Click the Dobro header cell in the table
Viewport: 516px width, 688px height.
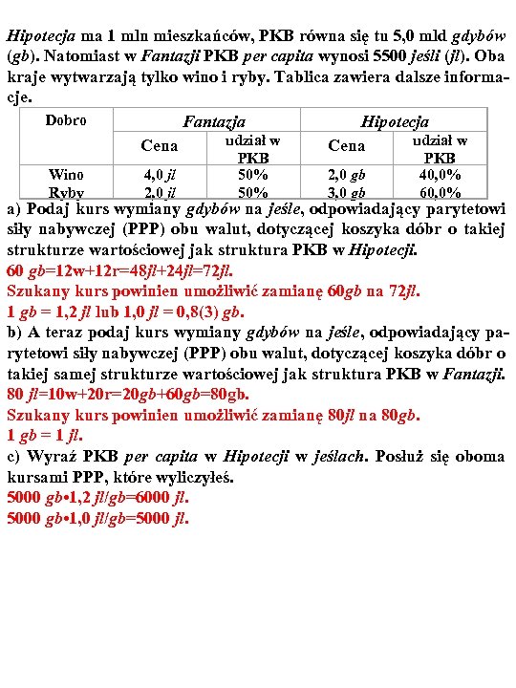(66, 120)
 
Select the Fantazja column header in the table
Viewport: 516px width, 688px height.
(214, 122)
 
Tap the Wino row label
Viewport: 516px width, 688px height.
(66, 174)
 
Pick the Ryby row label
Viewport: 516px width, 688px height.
(66, 192)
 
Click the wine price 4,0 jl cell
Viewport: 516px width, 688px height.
(159, 175)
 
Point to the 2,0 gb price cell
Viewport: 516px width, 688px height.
(346, 175)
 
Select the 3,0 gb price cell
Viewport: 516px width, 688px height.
(346, 192)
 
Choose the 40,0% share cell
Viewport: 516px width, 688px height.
(440, 175)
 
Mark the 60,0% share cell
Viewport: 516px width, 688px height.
(440, 192)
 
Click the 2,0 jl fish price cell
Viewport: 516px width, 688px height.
(159, 192)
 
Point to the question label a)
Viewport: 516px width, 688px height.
(14, 209)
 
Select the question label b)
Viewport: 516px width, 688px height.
(14, 332)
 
